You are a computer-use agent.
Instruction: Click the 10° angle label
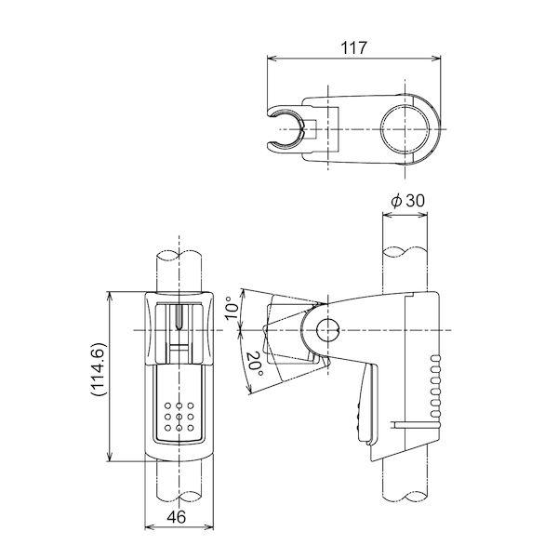pos(232,307)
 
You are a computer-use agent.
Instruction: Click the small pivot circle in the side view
pos(325,330)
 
